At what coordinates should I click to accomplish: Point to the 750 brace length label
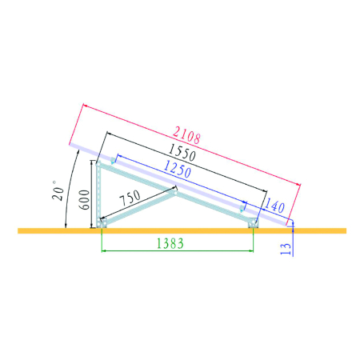pyautogui.click(x=130, y=198)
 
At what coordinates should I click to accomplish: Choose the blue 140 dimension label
pyautogui.click(x=275, y=206)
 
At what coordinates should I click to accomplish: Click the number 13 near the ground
pyautogui.click(x=286, y=249)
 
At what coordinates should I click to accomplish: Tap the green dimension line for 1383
pyautogui.click(x=176, y=251)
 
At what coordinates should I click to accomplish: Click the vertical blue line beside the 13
pyautogui.click(x=294, y=240)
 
